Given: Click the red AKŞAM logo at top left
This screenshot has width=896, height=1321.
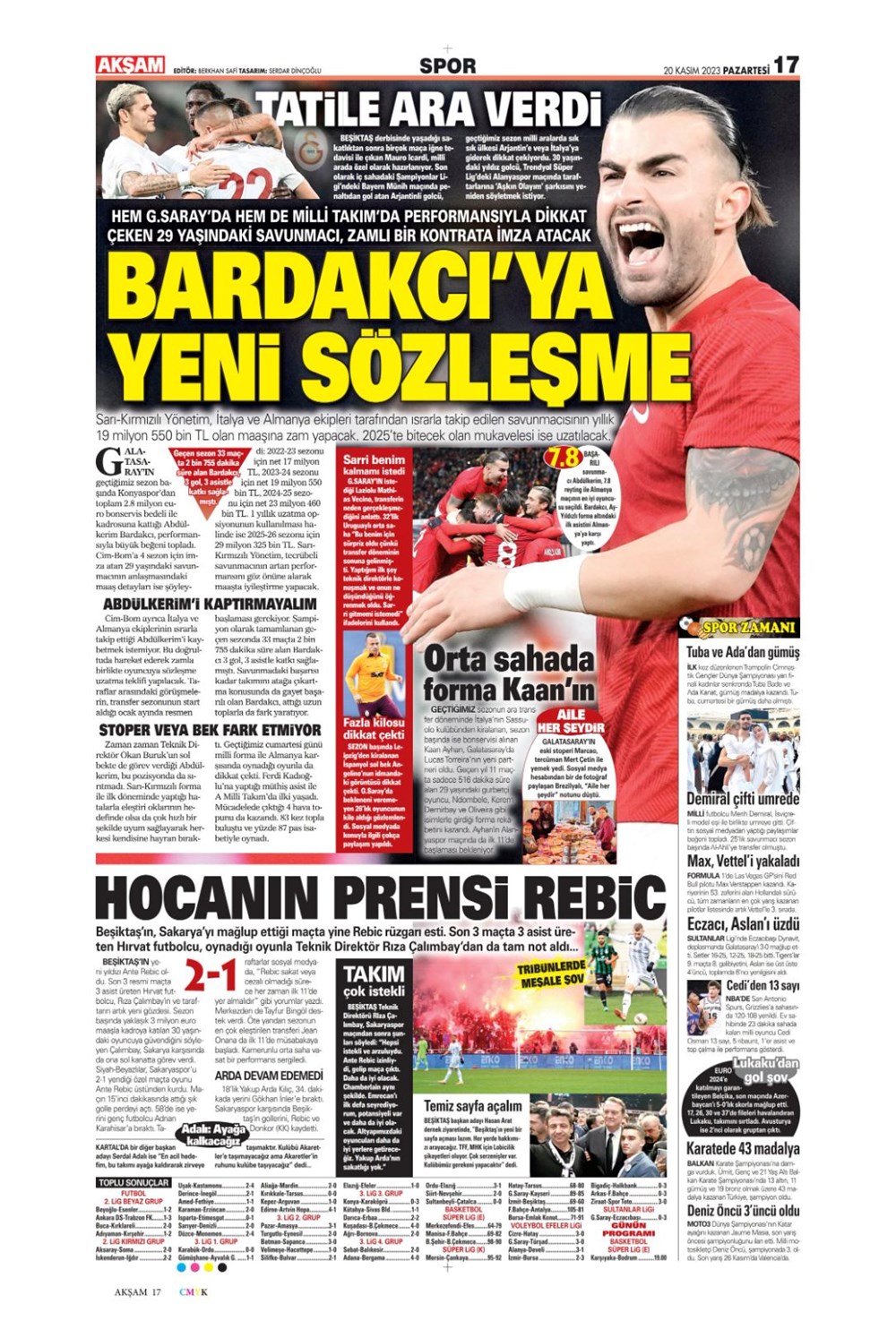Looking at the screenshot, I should pyautogui.click(x=130, y=65).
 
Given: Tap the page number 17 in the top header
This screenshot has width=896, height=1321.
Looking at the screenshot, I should pyautogui.click(x=786, y=65).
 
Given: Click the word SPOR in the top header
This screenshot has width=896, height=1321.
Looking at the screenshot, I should pyautogui.click(x=447, y=65).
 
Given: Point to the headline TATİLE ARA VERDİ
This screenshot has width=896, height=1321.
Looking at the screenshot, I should pyautogui.click(x=428, y=110).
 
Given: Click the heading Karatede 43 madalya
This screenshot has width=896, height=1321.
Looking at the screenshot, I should pyautogui.click(x=743, y=1149).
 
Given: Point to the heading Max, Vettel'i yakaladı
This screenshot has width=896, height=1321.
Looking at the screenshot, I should pyautogui.click(x=743, y=861).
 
